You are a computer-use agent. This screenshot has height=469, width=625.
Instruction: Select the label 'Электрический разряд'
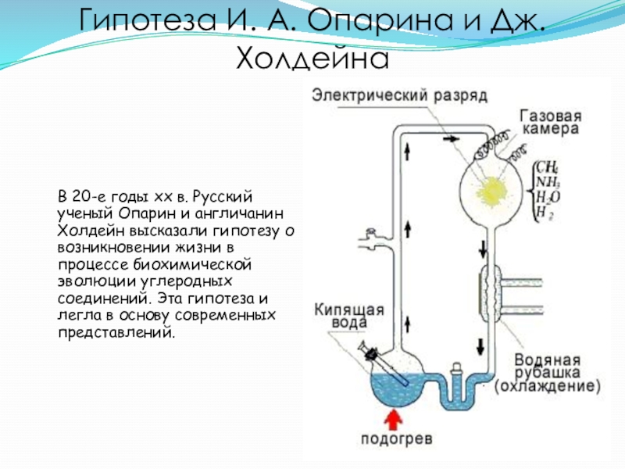400,95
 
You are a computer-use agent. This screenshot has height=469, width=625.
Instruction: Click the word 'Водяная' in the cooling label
547,360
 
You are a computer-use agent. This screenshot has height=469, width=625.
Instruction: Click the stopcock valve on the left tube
368,233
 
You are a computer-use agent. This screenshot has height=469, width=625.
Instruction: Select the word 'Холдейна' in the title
312,56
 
